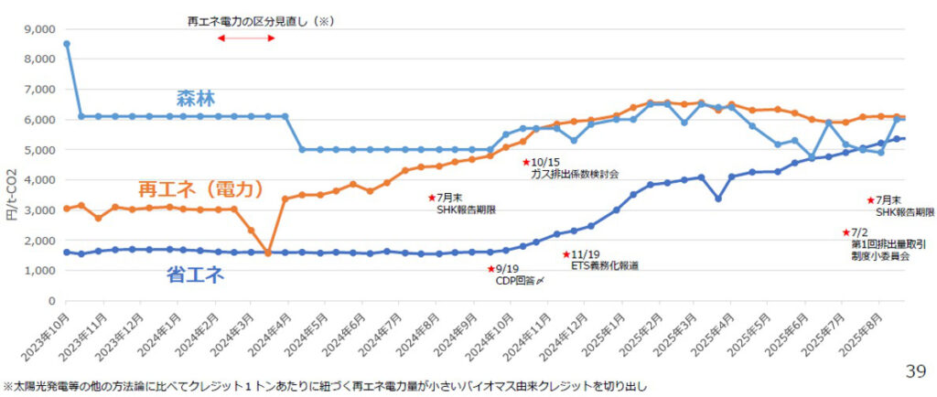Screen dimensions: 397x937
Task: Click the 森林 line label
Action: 197,99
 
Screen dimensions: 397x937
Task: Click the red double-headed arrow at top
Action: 246,38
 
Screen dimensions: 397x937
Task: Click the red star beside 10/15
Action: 526,163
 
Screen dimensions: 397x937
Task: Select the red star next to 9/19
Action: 490,269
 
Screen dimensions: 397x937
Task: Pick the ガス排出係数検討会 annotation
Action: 575,173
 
